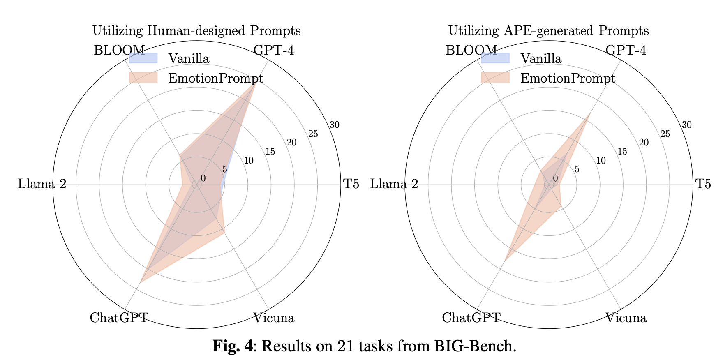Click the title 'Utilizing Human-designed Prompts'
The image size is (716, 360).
pos(196,31)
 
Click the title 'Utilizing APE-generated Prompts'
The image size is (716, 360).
pos(548,31)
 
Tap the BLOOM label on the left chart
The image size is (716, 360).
pos(119,50)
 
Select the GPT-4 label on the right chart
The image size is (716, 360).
pos(626,50)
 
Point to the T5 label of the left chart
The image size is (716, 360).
pos(351,184)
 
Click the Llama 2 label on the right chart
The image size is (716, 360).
pos(394,184)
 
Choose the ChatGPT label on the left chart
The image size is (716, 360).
pos(119,318)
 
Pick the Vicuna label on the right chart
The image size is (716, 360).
pos(626,318)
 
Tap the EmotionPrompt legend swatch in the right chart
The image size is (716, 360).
pos(495,77)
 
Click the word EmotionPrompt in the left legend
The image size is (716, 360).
pos(215,78)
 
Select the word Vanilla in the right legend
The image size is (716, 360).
pos(541,59)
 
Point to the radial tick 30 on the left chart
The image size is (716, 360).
pos(335,125)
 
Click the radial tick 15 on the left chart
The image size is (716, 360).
pos(270,152)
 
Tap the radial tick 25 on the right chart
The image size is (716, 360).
pos(665,134)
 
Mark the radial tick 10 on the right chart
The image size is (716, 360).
pos(601,161)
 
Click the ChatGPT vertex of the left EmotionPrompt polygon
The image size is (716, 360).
pos(141,282)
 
